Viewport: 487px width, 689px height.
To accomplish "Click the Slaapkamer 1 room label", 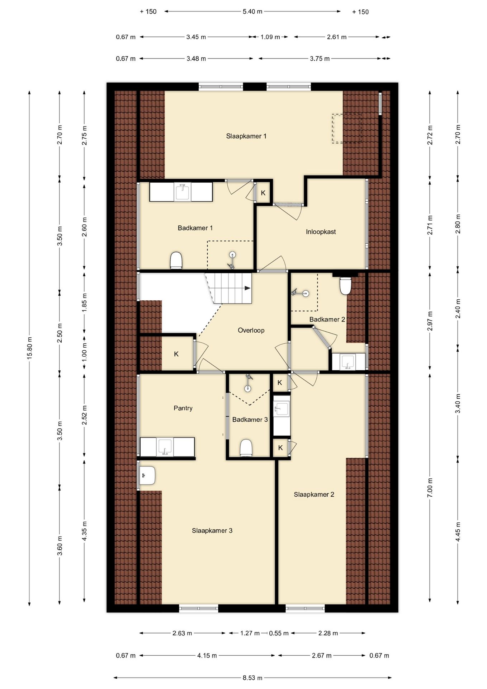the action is click(x=246, y=136).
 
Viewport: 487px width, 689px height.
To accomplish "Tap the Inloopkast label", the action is click(x=321, y=232).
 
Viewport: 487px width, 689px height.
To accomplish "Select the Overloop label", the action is click(x=251, y=330).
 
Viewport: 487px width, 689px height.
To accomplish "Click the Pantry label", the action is click(x=183, y=408).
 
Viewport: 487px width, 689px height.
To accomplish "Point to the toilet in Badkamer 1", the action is click(x=176, y=260).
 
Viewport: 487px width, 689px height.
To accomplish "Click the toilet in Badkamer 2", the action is click(x=345, y=285).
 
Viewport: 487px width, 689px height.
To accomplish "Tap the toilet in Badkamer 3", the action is click(x=246, y=448).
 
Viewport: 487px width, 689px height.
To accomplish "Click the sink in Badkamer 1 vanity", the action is click(x=183, y=191).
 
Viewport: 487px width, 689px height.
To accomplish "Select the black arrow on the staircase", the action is click(x=247, y=288).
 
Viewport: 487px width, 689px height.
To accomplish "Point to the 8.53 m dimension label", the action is click(x=252, y=678).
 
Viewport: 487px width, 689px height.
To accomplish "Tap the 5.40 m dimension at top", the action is click(x=252, y=11).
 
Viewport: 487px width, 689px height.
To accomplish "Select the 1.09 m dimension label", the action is click(x=270, y=37).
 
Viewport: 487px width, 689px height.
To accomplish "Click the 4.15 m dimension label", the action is click(x=207, y=656).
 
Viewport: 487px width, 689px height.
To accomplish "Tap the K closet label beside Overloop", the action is click(x=176, y=354).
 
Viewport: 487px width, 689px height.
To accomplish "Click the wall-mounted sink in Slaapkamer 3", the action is click(x=147, y=475).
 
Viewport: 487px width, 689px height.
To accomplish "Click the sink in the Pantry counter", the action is click(x=165, y=447).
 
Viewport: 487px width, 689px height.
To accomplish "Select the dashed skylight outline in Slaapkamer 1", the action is click(x=346, y=128).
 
